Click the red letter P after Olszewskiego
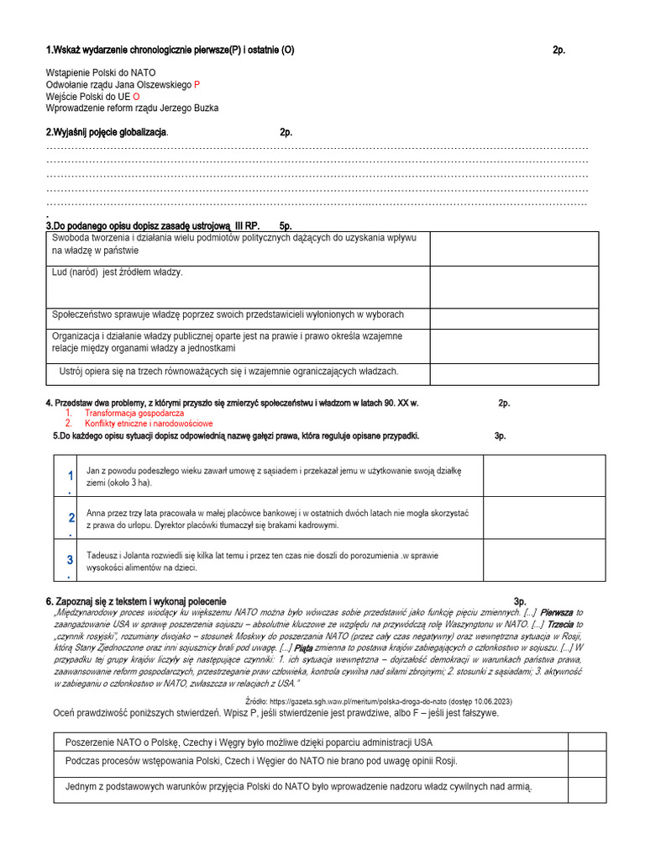[197, 85]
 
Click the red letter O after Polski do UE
[136, 97]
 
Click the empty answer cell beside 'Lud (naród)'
[514, 287]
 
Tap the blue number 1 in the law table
[71, 477]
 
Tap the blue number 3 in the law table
[71, 560]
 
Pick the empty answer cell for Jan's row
[543, 477]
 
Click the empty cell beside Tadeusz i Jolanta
[543, 560]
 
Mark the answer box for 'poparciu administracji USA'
[586, 742]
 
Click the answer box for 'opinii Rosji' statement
[586, 762]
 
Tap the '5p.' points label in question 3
[285, 226]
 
